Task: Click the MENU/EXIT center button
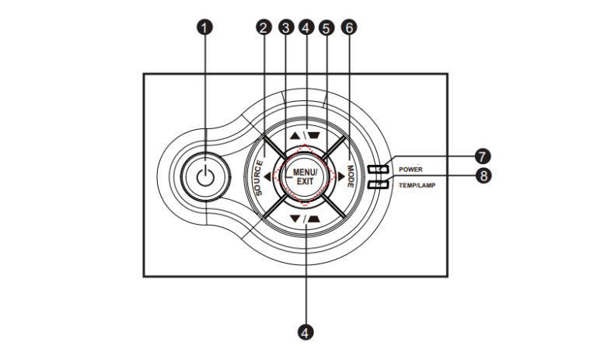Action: pos(304,175)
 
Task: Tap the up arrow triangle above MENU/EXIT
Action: pos(294,133)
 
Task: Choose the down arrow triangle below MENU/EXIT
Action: pos(295,218)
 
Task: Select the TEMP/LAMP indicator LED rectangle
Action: pos(379,184)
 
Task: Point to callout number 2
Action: pos(264,28)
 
